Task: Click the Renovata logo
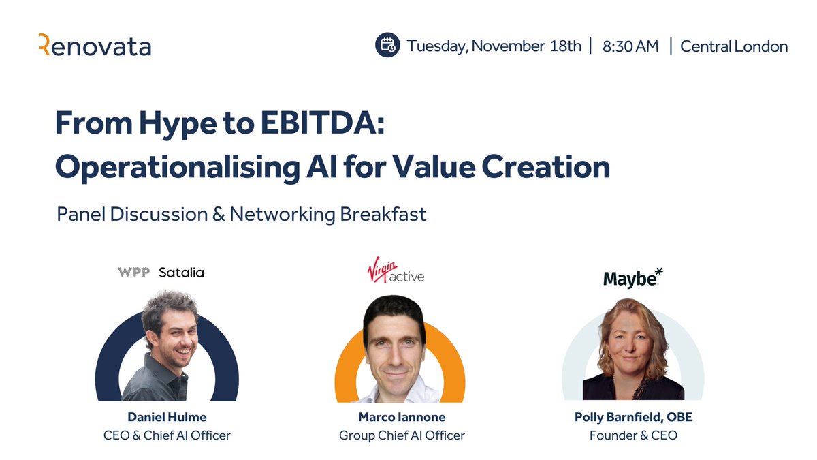95,46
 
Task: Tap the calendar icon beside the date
387,46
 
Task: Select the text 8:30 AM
630,46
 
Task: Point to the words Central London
734,46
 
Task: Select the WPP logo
133,273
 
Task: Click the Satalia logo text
181,273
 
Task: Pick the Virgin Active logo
396,271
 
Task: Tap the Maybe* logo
632,277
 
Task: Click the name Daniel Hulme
167,417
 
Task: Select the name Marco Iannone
402,417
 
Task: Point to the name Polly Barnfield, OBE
633,417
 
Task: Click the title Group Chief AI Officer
402,435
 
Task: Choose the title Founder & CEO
633,435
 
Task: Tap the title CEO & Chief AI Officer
167,435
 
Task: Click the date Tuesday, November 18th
494,46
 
